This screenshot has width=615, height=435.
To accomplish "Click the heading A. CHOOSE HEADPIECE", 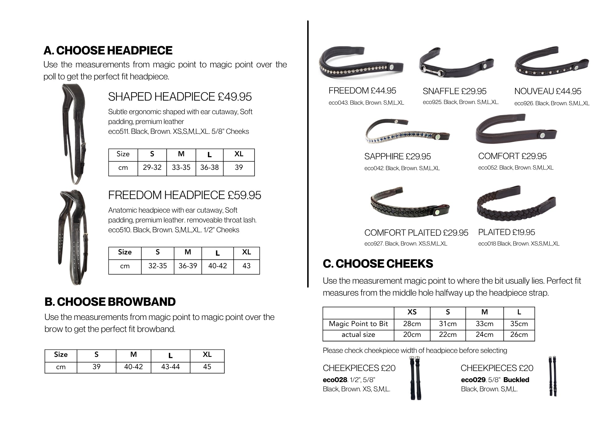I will [108, 50].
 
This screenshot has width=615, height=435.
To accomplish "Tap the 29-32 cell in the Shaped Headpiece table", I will [152, 168].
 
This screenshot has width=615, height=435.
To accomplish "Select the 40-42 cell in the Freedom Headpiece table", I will [217, 266].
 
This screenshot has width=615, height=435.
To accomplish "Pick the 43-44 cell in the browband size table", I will [170, 367].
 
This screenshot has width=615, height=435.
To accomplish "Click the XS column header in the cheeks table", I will [412, 312].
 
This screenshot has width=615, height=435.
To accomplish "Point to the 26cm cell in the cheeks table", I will [519, 335].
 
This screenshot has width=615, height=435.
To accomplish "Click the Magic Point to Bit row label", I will [358, 324].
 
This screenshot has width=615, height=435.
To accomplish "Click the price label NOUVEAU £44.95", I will [548, 91].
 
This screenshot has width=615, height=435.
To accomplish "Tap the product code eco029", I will [473, 380].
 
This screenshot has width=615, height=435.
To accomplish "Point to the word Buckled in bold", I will [516, 380].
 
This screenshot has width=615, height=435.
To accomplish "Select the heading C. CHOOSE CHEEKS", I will [378, 264].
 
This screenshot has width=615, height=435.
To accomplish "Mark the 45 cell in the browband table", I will [207, 367].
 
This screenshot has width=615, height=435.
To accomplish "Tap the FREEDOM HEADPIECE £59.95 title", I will [184, 195].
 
